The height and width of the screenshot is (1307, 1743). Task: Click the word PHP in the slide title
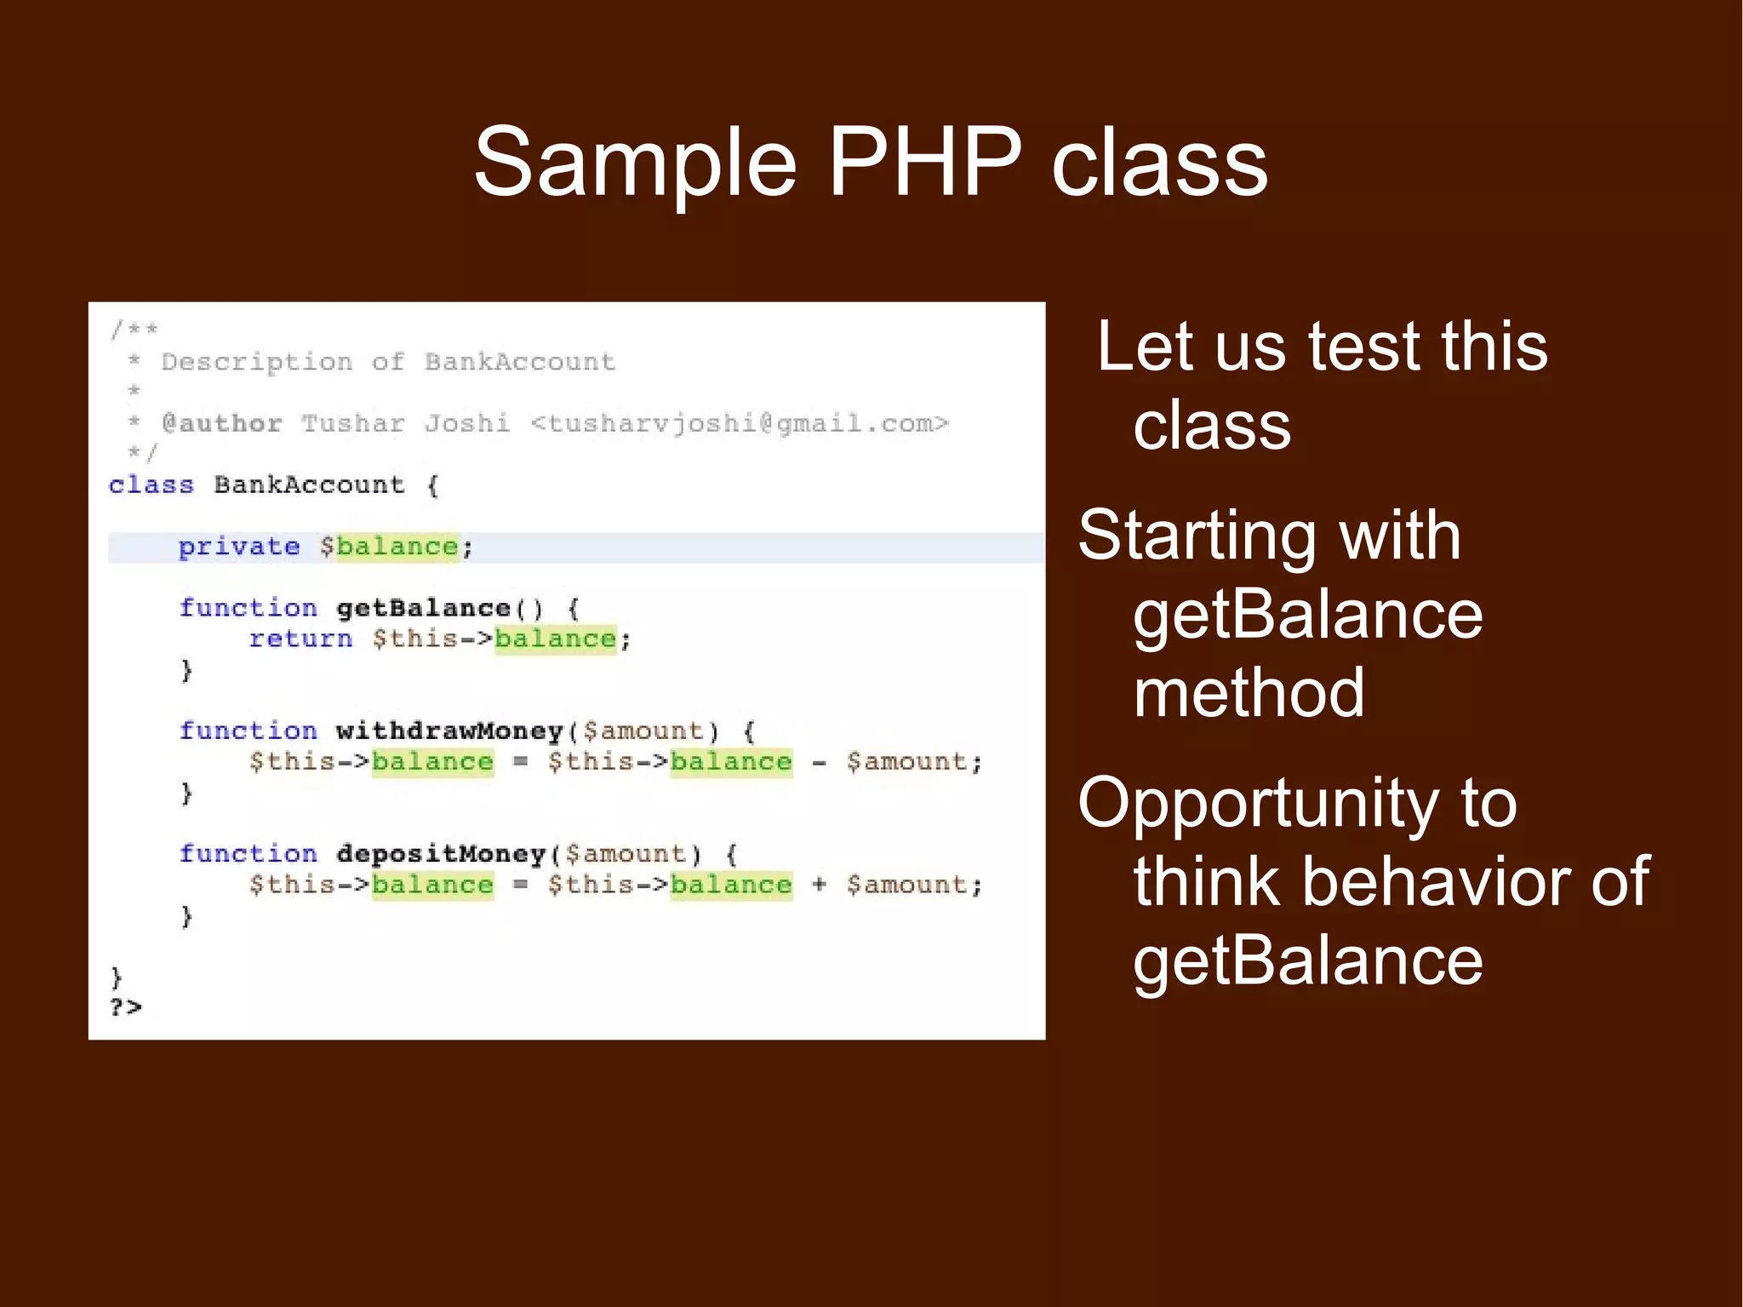pos(924,162)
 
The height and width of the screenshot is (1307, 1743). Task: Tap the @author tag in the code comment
pos(221,423)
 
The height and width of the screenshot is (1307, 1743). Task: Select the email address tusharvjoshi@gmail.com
pos(739,423)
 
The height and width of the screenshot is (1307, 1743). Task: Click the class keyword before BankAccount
pos(151,484)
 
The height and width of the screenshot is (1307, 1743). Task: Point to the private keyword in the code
pos(238,547)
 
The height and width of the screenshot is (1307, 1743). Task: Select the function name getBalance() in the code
pos(438,608)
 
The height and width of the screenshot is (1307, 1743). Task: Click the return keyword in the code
pos(300,639)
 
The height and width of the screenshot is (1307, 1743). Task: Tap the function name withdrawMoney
pos(449,731)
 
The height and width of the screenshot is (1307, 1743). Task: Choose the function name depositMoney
pos(440,853)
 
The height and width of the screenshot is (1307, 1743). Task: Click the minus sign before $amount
pos(819,762)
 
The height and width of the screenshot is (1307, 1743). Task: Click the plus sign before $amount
pos(819,885)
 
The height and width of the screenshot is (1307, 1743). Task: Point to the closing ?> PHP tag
pos(125,1007)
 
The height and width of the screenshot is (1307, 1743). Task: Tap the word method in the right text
pos(1249,692)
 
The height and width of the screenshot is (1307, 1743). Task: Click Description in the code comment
pos(256,362)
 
